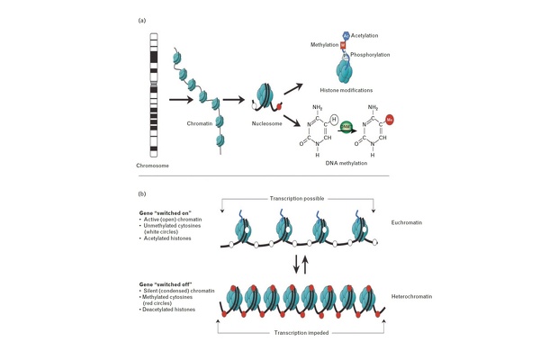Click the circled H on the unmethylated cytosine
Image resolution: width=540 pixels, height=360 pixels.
[x=331, y=117]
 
